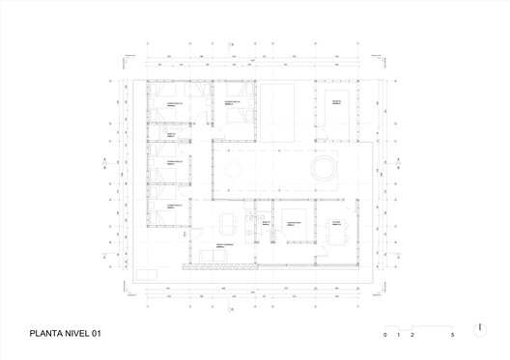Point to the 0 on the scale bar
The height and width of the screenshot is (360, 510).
point(385,334)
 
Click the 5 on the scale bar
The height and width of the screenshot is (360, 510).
point(452,334)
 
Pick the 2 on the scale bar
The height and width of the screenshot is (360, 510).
point(412,334)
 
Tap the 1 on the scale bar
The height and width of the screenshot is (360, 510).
point(399,334)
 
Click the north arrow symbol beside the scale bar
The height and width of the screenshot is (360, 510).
point(480,327)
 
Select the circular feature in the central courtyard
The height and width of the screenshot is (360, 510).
point(321,171)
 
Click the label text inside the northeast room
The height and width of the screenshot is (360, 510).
point(338,101)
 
